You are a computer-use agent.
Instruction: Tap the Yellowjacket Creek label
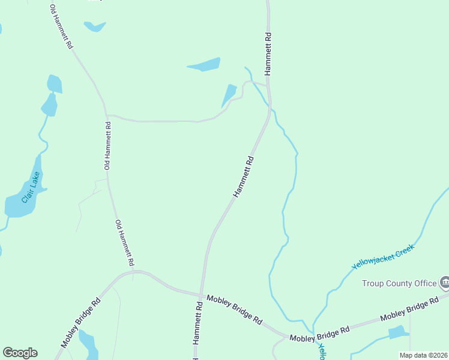pos(383,256)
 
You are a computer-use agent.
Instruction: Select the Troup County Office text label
pos(399,283)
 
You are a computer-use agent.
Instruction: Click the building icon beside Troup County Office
pos(445,281)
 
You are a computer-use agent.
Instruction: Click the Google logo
pos(20,353)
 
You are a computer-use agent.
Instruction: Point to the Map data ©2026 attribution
pos(424,355)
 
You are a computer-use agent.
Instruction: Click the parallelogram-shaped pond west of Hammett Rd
pos(204,65)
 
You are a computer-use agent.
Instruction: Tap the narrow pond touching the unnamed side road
pos(229,95)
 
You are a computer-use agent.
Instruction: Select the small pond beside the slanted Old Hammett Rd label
pos(94,26)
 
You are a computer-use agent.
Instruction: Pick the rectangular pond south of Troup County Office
pos(397,332)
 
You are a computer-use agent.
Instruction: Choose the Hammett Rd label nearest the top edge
pos(268,53)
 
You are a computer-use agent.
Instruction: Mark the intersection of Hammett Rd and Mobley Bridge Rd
pos(200,294)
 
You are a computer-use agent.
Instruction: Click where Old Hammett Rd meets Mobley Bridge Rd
pos(133,272)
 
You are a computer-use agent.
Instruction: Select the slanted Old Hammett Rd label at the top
pos(61,28)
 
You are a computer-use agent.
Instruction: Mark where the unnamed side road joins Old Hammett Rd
pos(106,115)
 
